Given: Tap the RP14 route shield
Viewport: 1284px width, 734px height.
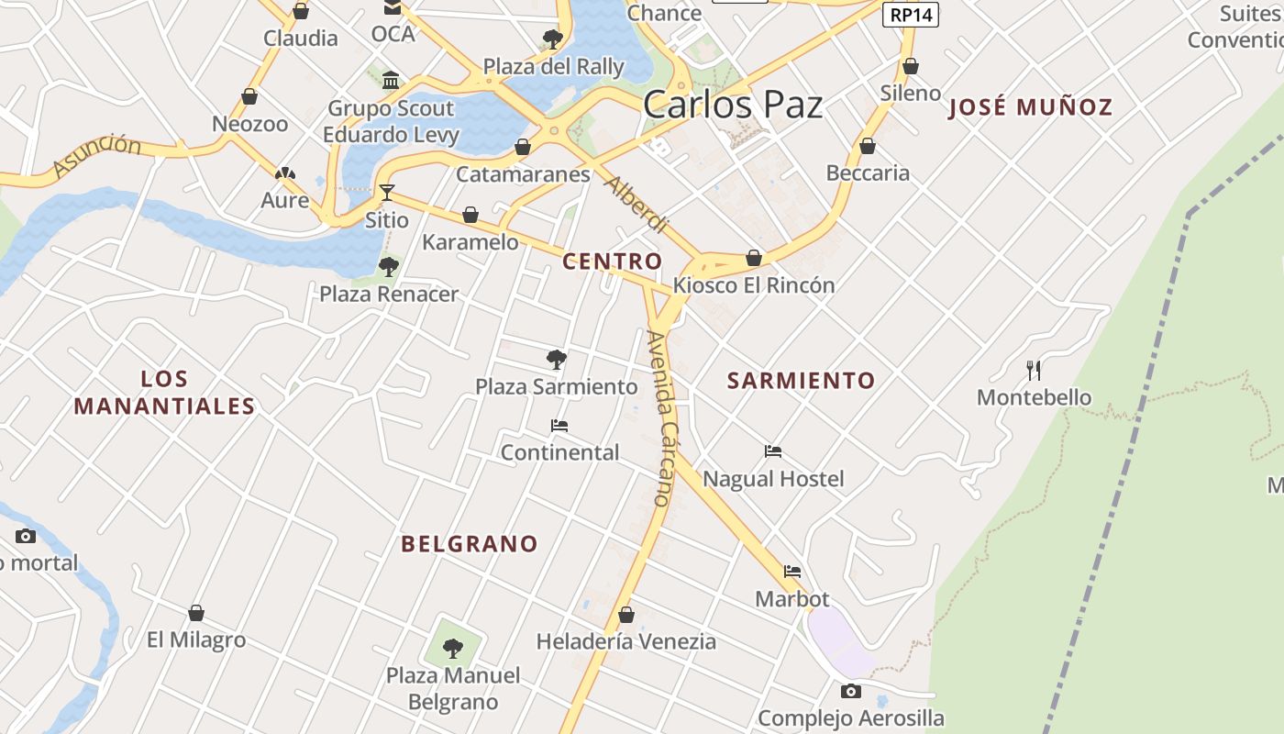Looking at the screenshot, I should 911,15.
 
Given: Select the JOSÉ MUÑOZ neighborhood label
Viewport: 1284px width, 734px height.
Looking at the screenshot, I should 1030,107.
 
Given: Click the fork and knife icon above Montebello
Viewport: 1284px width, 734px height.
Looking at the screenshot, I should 1034,370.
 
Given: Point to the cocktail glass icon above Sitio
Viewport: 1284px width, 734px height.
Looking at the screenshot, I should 387,192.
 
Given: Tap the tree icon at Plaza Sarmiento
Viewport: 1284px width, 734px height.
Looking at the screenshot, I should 556,359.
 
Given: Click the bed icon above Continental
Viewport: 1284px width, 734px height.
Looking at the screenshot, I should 559,426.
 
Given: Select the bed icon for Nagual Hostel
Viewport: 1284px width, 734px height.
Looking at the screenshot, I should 773,451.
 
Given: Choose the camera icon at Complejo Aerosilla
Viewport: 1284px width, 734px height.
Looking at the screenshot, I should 851,691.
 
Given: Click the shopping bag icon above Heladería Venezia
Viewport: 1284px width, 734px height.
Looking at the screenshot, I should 626,614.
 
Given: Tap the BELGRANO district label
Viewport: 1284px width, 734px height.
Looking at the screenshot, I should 470,543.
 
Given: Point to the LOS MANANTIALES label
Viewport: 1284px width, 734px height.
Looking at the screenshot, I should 164,392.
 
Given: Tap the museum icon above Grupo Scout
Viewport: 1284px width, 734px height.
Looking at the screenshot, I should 392,81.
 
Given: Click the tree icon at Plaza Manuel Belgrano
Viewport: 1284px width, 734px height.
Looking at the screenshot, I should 453,649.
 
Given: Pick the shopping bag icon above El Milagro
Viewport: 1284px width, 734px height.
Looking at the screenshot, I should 196,613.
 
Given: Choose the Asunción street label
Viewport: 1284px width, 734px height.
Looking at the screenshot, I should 97,156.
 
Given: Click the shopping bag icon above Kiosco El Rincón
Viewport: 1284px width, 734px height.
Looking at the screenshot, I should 754,258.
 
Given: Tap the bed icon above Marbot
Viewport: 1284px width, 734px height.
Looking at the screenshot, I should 792,572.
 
